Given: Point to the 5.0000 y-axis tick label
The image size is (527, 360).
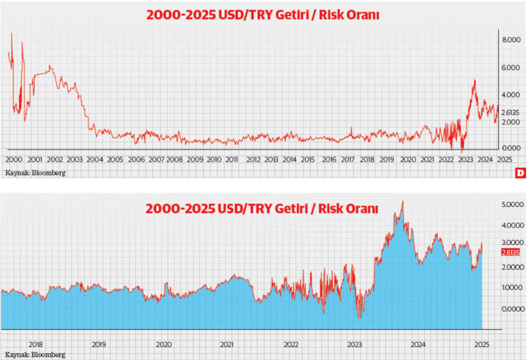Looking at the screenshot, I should click(512, 204).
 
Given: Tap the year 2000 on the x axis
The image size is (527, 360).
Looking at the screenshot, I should click(13, 159).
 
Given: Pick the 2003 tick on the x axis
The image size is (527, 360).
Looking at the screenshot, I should click(74, 159).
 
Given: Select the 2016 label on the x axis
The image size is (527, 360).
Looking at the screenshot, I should click(328, 159).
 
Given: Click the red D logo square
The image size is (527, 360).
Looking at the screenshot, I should click(521, 173).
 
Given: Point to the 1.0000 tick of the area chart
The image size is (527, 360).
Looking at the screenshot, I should click(512, 287).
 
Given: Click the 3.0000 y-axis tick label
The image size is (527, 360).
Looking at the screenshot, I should click(512, 246).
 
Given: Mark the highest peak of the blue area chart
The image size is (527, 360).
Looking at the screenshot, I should click(402, 202).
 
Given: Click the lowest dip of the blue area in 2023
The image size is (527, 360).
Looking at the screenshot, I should click(360, 318).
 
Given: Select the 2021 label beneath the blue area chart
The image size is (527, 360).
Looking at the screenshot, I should click(226, 343).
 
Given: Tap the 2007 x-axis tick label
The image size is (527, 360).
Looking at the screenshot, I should click(156, 159).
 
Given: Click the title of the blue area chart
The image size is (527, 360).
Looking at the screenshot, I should click(262, 209).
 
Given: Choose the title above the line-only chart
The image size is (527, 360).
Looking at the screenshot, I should click(262, 15).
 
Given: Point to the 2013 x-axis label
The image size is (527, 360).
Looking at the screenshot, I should click(271, 159).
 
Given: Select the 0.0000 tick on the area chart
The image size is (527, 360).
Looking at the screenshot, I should click(512, 309).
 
